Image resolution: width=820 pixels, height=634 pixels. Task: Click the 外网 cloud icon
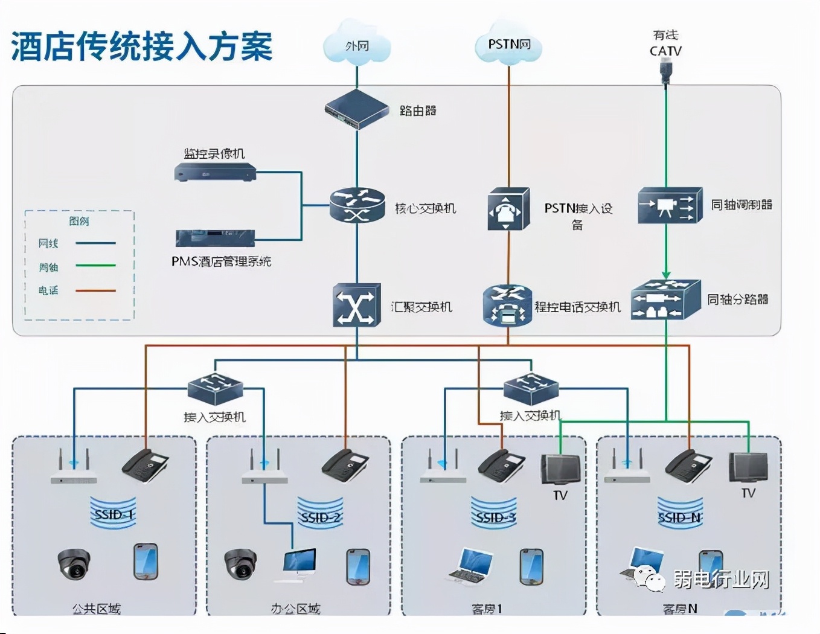(x=357, y=46)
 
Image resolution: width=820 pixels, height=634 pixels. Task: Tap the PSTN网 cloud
(x=508, y=45)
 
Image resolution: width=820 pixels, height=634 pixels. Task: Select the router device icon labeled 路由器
(x=356, y=110)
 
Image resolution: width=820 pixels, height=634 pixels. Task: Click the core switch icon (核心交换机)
(x=357, y=205)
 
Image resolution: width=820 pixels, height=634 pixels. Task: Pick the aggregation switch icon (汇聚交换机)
(x=356, y=306)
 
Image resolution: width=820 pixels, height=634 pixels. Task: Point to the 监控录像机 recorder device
(x=215, y=173)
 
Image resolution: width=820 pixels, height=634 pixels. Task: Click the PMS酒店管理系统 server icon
(x=215, y=238)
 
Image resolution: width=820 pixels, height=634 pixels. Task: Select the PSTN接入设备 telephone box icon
(x=508, y=209)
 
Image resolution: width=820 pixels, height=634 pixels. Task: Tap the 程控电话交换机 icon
(x=507, y=306)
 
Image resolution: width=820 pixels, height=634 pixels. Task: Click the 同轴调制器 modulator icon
(x=670, y=206)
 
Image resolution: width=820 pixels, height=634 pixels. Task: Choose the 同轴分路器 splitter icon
(x=665, y=299)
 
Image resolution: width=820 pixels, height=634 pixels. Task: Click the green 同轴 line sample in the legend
(x=95, y=266)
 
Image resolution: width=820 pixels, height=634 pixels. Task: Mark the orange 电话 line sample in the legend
(x=95, y=290)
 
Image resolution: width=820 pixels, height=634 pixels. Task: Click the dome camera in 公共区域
(x=74, y=564)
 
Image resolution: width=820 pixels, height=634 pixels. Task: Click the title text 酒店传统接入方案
(x=142, y=46)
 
